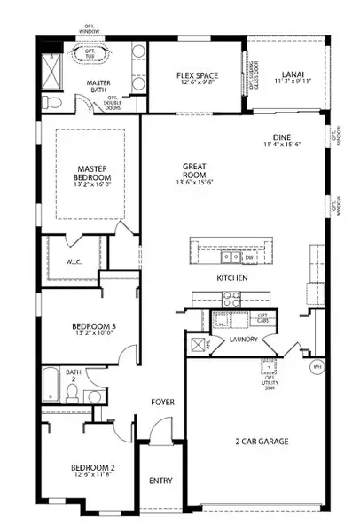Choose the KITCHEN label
pyautogui.click(x=232, y=278)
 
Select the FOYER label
pyautogui.click(x=161, y=402)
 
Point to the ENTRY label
pyautogui.click(x=161, y=481)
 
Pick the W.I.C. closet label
pyautogui.click(x=74, y=262)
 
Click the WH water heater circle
pyautogui.click(x=317, y=365)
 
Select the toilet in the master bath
pyautogui.click(x=54, y=104)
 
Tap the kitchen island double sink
pyautogui.click(x=231, y=257)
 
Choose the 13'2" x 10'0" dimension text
pyautogui.click(x=94, y=336)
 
